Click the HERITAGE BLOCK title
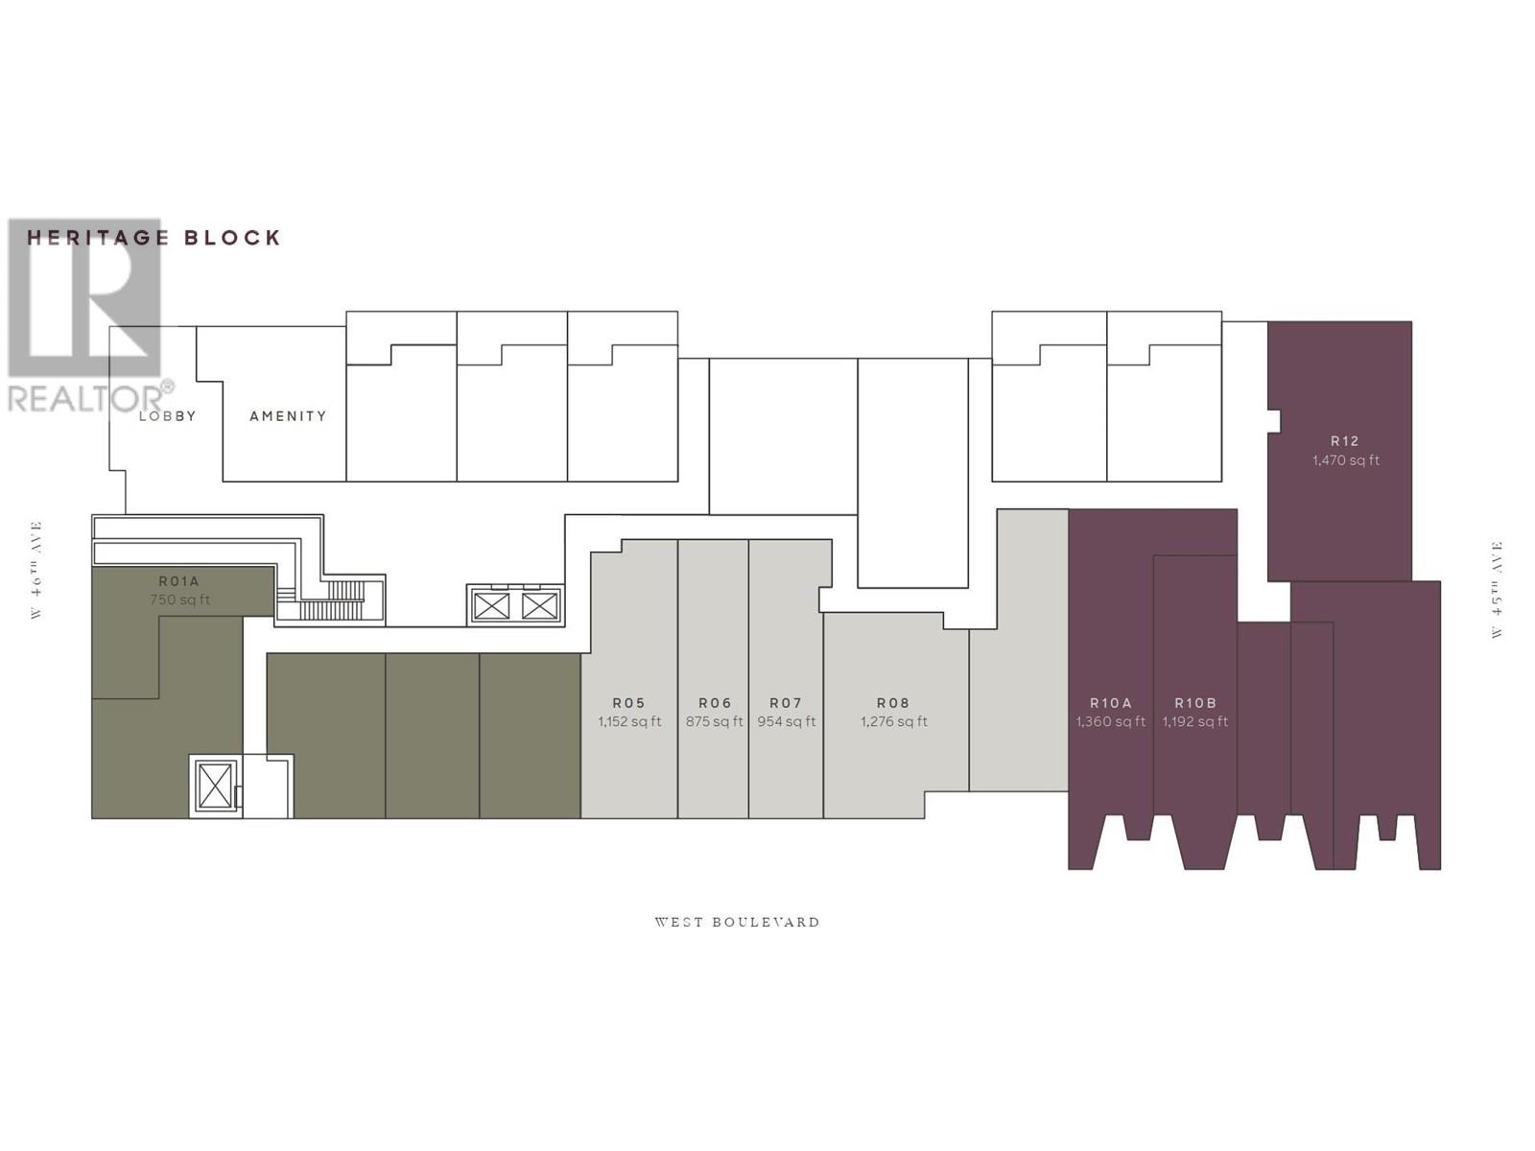(x=153, y=238)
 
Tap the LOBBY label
(x=167, y=416)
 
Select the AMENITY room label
(x=288, y=416)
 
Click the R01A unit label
(x=179, y=581)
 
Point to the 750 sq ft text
(x=179, y=600)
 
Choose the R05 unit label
(x=629, y=703)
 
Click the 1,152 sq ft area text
(x=629, y=722)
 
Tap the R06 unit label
(x=715, y=703)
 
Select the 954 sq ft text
(x=787, y=722)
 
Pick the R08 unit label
(x=893, y=703)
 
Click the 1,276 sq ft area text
(x=893, y=722)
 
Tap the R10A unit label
(x=1111, y=703)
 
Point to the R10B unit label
(x=1195, y=703)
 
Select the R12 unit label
(x=1345, y=441)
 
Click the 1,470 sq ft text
(x=1345, y=460)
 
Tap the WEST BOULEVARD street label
(x=737, y=923)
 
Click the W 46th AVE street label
(x=36, y=570)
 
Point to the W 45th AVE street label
(x=1496, y=590)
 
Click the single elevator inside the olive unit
(x=215, y=787)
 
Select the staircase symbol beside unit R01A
(x=331, y=604)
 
